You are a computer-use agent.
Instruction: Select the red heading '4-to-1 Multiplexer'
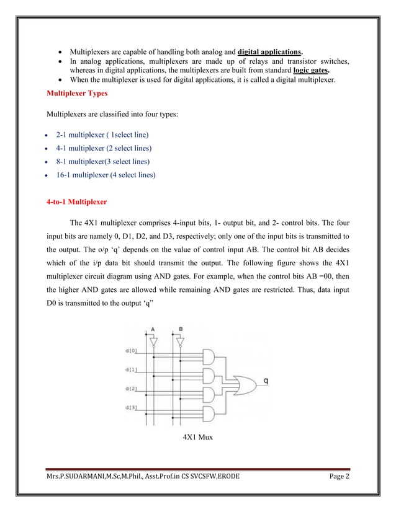77,202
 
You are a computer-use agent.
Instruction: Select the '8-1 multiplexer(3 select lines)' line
104,162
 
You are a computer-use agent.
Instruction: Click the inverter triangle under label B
180,340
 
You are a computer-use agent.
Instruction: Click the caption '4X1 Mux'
197,438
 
